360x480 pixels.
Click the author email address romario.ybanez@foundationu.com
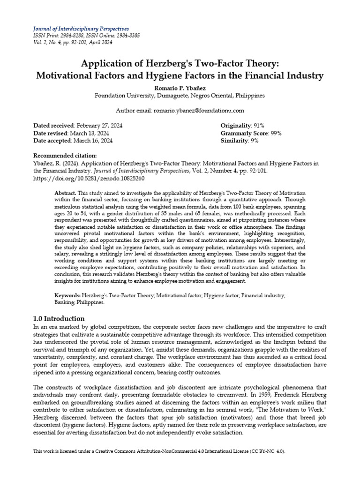coord(197,110)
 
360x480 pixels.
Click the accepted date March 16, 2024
coord(92,141)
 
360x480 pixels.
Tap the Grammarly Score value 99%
coord(275,133)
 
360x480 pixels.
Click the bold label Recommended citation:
coord(65,156)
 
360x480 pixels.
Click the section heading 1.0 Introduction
coord(59,318)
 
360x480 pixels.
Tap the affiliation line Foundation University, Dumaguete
coord(180,95)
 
